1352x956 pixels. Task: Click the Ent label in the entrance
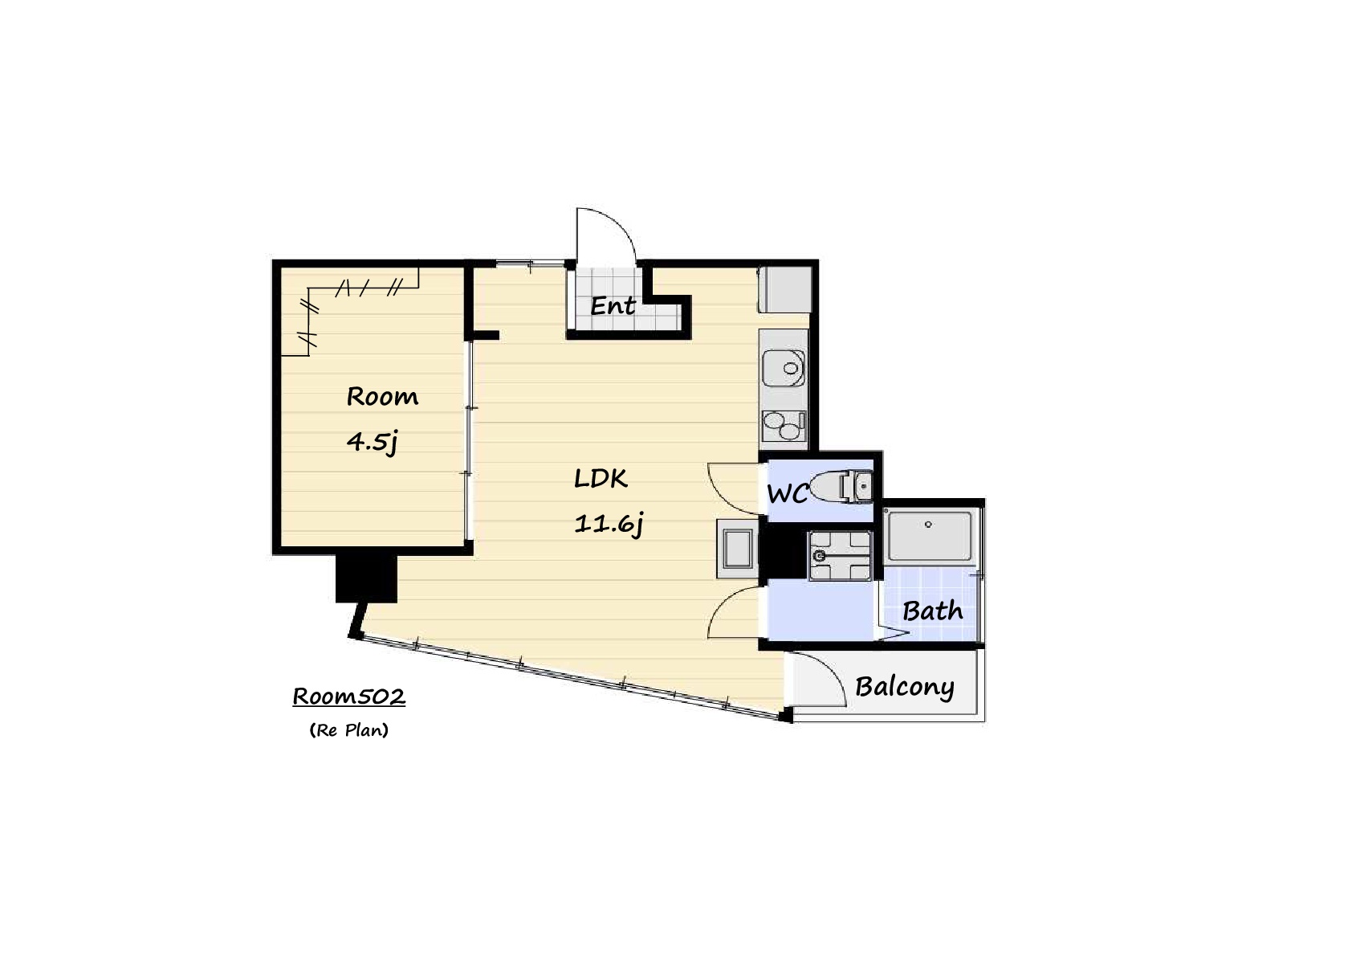tap(612, 305)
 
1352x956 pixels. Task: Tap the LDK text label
tap(601, 478)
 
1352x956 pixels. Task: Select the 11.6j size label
tap(609, 524)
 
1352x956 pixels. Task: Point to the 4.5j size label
tap(373, 442)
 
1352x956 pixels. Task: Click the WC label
tap(787, 494)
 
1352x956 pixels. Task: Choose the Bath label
tap(933, 611)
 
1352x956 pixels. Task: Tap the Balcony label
tap(905, 687)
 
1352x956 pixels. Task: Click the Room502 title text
tap(349, 697)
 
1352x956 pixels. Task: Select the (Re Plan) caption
tap(349, 730)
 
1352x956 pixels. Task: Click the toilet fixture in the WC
tap(840, 486)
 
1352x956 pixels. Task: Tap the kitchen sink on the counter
tap(784, 368)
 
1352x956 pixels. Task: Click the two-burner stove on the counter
tap(784, 426)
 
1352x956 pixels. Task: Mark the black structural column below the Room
tap(366, 578)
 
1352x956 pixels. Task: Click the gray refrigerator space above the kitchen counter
tap(784, 290)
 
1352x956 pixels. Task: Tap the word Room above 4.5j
tap(382, 397)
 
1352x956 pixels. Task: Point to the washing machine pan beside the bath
tap(840, 556)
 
